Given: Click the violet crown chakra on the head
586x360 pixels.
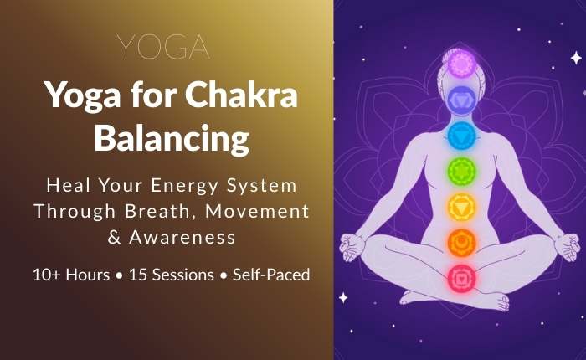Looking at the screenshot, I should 461,64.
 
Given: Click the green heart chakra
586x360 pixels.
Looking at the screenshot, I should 461,170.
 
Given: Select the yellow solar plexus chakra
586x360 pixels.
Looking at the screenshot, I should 461,205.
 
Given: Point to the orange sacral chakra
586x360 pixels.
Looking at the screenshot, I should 461,241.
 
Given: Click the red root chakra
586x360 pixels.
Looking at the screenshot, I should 461,275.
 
